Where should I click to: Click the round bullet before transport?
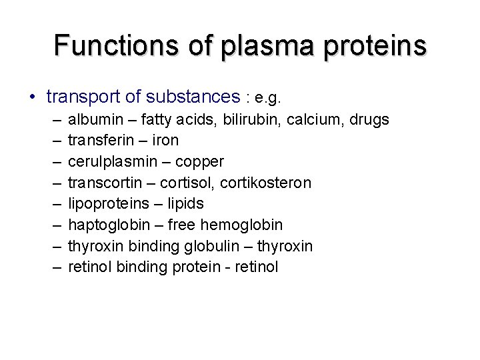coord(33,98)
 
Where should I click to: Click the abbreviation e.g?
coord(267,99)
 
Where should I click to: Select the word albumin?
coord(93,119)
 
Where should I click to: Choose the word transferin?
coord(99,141)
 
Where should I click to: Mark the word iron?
coord(165,141)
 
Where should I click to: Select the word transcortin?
coord(103,183)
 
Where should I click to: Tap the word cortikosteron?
coord(267,183)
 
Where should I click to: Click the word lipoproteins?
coord(105,204)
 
